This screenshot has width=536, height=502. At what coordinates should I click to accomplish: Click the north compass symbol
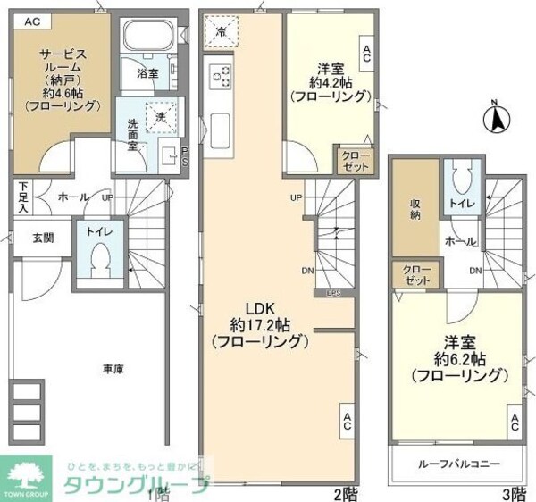coord(498,116)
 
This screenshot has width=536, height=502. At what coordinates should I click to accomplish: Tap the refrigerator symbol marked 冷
coord(221,33)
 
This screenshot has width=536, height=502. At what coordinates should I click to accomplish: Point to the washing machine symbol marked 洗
coord(161,117)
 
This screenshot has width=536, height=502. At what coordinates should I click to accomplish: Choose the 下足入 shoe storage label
coord(22,196)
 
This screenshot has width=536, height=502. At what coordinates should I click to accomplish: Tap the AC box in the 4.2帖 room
coord(366,53)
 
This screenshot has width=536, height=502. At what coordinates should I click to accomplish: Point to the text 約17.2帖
coord(259,323)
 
